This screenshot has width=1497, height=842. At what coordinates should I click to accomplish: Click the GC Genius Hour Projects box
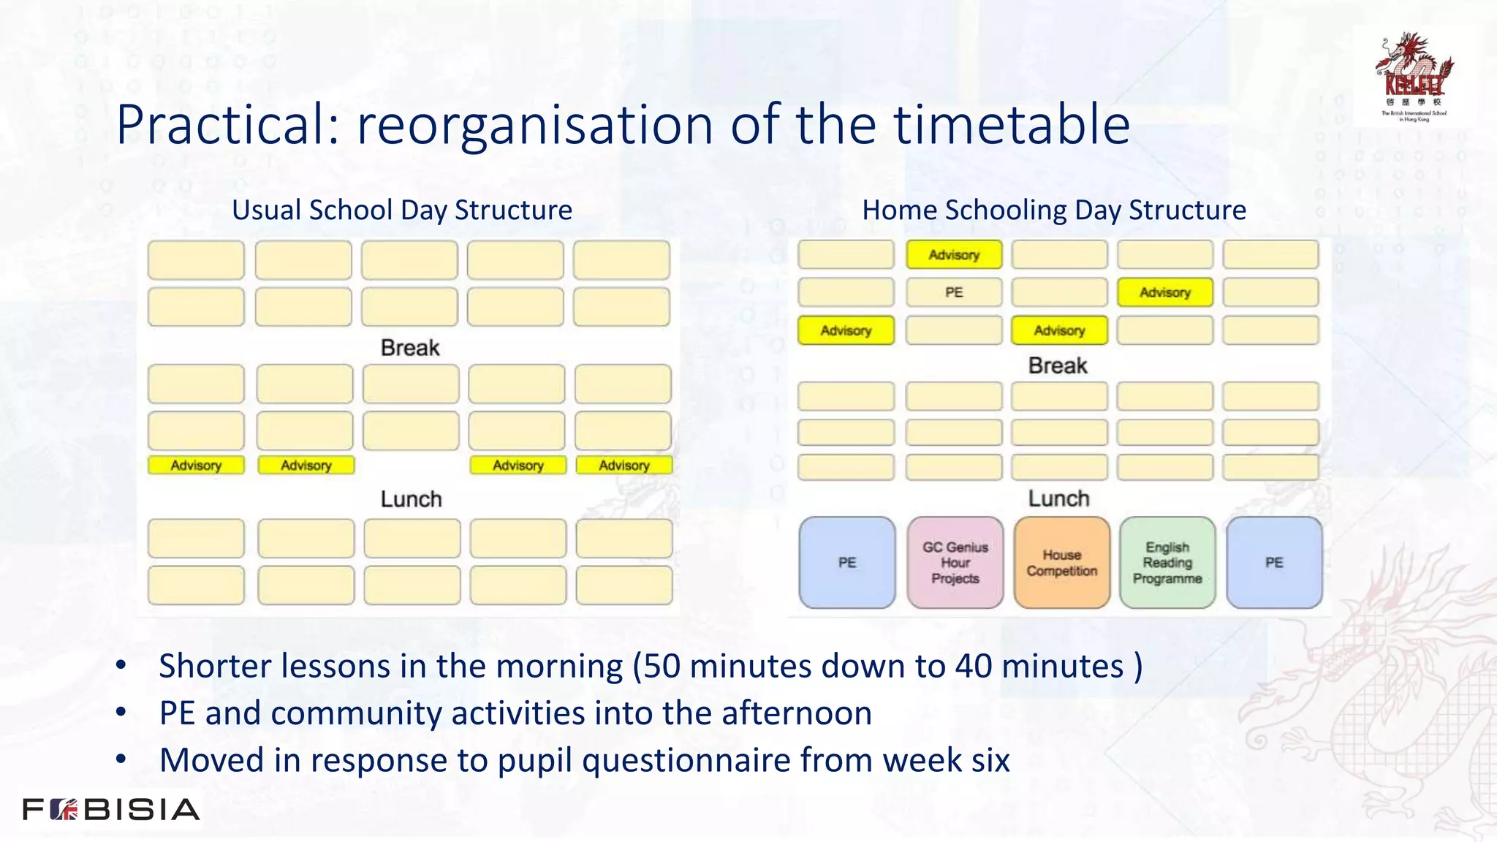click(955, 562)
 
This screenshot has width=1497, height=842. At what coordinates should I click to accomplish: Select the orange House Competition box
click(1061, 562)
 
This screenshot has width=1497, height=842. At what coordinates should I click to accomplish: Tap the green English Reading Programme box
click(1167, 562)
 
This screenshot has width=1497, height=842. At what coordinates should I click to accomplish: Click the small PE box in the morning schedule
click(954, 292)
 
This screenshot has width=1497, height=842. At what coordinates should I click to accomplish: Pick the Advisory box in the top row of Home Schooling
click(954, 255)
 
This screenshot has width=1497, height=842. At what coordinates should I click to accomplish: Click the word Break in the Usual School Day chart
click(410, 348)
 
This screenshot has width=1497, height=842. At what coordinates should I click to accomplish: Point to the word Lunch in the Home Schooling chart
click(1058, 498)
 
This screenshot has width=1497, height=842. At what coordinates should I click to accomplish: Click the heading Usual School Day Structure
click(402, 210)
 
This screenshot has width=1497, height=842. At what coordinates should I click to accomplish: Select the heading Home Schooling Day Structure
click(1053, 210)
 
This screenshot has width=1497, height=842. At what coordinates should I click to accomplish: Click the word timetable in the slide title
click(1012, 124)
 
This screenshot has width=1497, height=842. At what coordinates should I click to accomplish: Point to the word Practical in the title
click(227, 124)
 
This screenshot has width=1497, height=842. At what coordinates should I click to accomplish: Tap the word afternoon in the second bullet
click(797, 713)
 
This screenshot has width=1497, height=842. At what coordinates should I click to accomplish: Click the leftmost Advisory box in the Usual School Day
click(196, 466)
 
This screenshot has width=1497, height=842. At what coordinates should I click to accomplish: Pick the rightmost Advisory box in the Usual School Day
click(624, 466)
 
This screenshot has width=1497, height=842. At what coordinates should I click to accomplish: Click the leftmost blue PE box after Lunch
click(847, 562)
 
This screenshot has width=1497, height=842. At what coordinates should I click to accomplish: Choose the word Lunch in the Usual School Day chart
click(411, 499)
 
